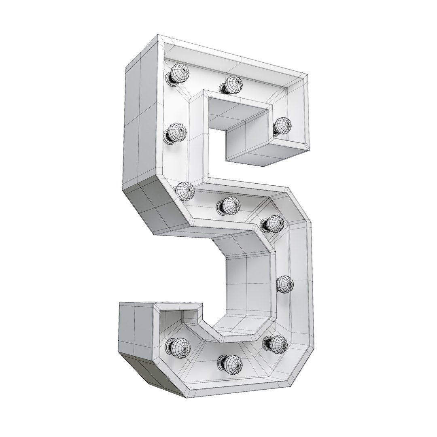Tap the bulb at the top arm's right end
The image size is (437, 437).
pos(282,126)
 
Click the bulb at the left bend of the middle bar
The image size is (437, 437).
pos(185,191)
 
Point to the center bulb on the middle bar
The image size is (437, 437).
pos(231,205)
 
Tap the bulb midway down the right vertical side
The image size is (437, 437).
pos(285,284)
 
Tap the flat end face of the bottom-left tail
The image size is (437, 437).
pos(136,328)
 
